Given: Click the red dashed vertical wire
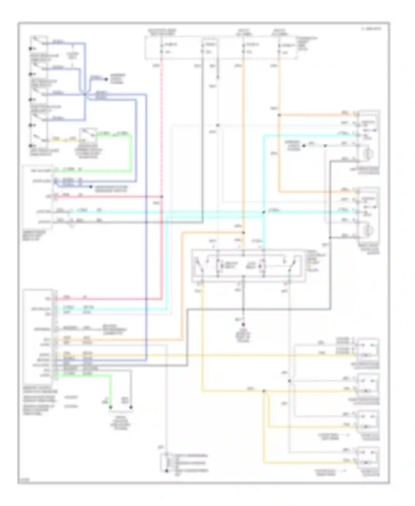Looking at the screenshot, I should [162, 125].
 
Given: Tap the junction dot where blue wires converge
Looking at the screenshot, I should [85, 95].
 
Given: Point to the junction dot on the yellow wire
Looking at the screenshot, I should [264, 391].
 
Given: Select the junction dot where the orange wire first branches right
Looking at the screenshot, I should [279, 115].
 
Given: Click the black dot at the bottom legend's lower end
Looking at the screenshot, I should [167, 471].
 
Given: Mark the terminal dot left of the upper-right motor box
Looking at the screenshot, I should [304, 146].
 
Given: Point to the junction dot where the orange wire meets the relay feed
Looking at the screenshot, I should [243, 233].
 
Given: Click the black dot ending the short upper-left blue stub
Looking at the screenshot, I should [106, 79].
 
